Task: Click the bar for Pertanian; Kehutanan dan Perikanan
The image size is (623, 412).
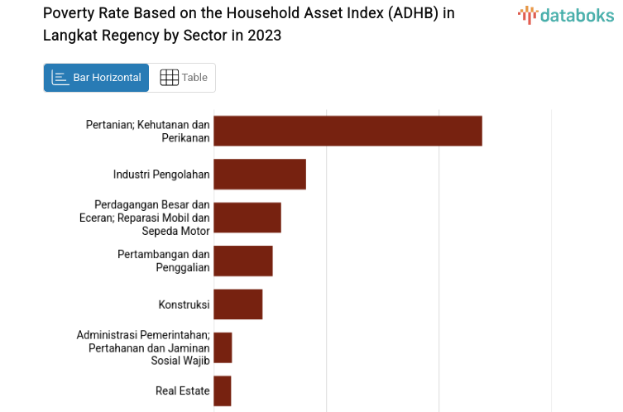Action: pyautogui.click(x=347, y=131)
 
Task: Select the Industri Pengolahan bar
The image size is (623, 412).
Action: pyautogui.click(x=260, y=174)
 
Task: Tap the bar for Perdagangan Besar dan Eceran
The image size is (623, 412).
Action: pyautogui.click(x=247, y=218)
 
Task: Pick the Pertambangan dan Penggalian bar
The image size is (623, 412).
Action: pyautogui.click(x=243, y=261)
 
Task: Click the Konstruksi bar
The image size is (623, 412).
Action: pyautogui.click(x=238, y=304)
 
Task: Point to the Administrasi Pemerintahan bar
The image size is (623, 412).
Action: pyautogui.click(x=223, y=347)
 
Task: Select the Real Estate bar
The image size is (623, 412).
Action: pyautogui.click(x=223, y=390)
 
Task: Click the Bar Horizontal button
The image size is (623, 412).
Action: pyautogui.click(x=96, y=78)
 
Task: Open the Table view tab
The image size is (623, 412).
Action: pyautogui.click(x=183, y=78)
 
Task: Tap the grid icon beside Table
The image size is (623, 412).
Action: pyautogui.click(x=169, y=78)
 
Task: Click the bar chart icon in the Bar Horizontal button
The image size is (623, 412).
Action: pyautogui.click(x=60, y=78)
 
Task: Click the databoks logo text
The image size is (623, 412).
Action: pyautogui.click(x=577, y=14)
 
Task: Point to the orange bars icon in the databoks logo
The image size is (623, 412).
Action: pyautogui.click(x=527, y=14)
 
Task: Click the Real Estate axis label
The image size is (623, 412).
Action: pyautogui.click(x=182, y=390)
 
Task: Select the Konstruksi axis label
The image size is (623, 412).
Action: pyautogui.click(x=184, y=304)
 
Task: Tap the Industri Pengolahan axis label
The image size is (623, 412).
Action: pyautogui.click(x=161, y=174)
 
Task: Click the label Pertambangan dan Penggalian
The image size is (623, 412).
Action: pyautogui.click(x=164, y=261)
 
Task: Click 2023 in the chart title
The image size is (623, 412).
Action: pyautogui.click(x=264, y=36)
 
